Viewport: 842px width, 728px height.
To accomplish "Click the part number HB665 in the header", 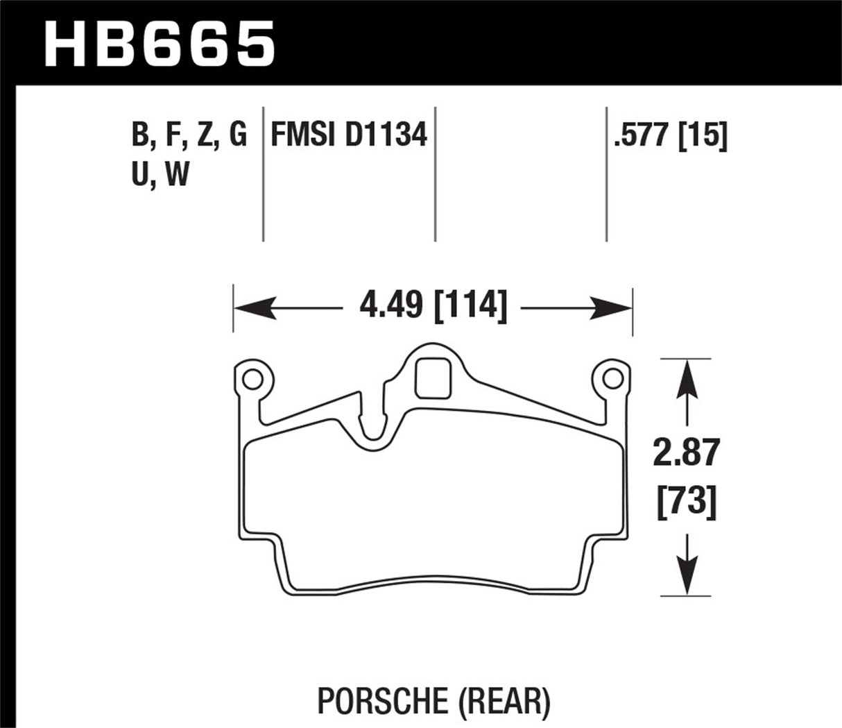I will coord(160,43).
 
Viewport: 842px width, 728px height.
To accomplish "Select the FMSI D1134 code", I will coord(348,135).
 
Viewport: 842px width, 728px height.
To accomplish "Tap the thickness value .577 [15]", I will coord(670,135).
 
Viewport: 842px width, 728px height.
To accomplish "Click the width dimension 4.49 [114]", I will coord(433,306).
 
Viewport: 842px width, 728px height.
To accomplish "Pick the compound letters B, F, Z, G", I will coord(189,135).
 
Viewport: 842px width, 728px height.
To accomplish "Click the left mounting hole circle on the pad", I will coord(252,378).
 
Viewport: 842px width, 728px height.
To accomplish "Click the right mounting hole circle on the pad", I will coord(612,378).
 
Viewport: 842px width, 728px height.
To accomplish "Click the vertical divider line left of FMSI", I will coord(263,173).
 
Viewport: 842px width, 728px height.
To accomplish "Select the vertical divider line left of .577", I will coord(606,173).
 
